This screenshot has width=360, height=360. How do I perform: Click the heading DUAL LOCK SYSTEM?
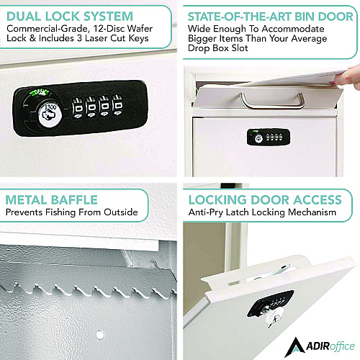point(70,17)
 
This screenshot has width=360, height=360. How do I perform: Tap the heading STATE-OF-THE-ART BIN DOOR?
point(271,17)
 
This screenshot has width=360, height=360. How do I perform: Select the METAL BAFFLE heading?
point(52,200)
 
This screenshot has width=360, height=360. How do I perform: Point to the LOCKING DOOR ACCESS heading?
point(265,200)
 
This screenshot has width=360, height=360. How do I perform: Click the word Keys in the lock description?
point(138,38)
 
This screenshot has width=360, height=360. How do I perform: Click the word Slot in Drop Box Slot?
point(240,48)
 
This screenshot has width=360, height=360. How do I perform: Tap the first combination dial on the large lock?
point(78,107)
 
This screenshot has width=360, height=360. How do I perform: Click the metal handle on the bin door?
point(272,102)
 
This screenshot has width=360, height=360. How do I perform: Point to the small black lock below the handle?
point(269,137)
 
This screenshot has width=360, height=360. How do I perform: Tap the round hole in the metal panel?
point(100,335)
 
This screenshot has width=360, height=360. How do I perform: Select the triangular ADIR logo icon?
point(295,347)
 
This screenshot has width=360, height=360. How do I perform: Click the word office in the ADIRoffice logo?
point(342,346)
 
